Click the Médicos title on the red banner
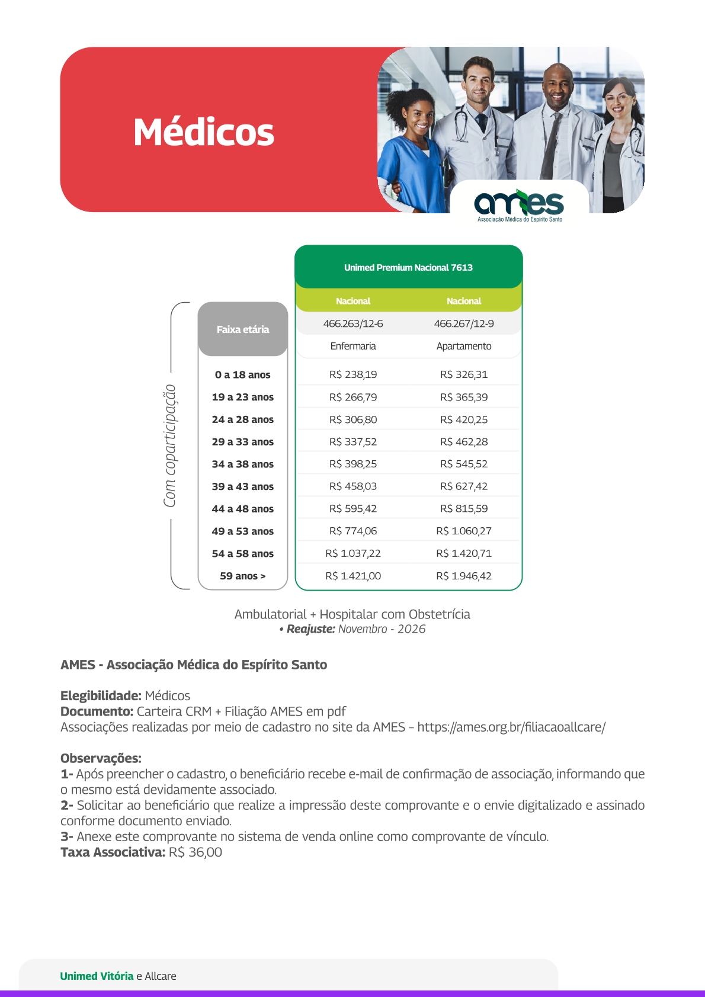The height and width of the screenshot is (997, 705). click(x=204, y=132)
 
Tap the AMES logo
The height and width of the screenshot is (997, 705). click(x=520, y=205)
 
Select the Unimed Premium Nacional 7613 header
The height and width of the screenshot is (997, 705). click(x=408, y=268)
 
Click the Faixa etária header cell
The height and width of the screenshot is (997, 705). click(x=243, y=329)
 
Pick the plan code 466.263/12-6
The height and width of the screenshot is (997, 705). click(x=353, y=324)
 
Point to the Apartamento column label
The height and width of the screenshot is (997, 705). click(x=464, y=346)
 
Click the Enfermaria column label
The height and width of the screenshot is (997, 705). click(x=353, y=346)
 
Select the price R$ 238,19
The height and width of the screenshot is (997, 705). click(x=353, y=374)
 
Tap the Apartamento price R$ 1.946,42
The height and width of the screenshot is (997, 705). click(x=464, y=576)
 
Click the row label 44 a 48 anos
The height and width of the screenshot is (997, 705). click(x=243, y=509)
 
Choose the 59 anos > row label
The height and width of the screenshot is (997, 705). click(x=243, y=576)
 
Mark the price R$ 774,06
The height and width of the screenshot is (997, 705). click(x=353, y=531)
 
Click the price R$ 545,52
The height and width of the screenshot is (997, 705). click(x=464, y=464)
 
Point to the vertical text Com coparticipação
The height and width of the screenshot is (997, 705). click(x=170, y=445)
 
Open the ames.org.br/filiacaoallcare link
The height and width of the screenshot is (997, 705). click(x=511, y=727)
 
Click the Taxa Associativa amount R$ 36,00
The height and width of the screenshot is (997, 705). click(x=196, y=852)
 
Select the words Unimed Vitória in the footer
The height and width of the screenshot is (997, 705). click(x=97, y=976)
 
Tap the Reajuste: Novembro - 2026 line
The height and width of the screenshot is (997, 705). click(x=353, y=629)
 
